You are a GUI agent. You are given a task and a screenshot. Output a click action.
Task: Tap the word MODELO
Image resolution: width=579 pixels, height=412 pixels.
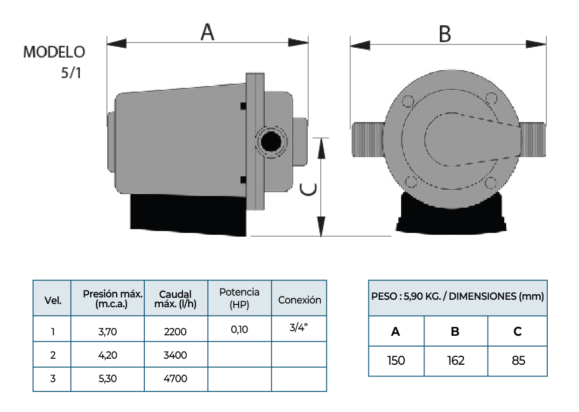coord(54,52)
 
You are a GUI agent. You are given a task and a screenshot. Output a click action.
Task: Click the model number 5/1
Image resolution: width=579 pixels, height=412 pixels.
coord(71,73)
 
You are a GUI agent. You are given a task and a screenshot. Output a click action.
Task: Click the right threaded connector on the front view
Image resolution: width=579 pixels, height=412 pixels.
coord(532,139)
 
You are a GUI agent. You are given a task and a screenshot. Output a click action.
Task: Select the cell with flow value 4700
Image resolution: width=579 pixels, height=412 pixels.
coord(176,378)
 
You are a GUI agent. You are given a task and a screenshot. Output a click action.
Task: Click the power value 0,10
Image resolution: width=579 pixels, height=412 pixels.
coord(239,329)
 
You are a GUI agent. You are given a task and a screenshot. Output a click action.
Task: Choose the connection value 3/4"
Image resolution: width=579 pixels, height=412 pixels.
coord(299,327)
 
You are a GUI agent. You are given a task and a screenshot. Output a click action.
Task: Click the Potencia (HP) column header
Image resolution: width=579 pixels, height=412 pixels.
coord(239,298)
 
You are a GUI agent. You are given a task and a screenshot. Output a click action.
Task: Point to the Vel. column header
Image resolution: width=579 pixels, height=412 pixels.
coord(52,301)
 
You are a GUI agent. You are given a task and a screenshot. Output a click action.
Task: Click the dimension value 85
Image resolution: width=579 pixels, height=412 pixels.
coord(518,361)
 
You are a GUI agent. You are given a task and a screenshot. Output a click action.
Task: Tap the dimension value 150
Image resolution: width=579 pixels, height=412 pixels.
coord(396,361)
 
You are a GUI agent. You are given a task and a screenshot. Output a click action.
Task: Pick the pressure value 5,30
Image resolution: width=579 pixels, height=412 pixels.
coord(107,378)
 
